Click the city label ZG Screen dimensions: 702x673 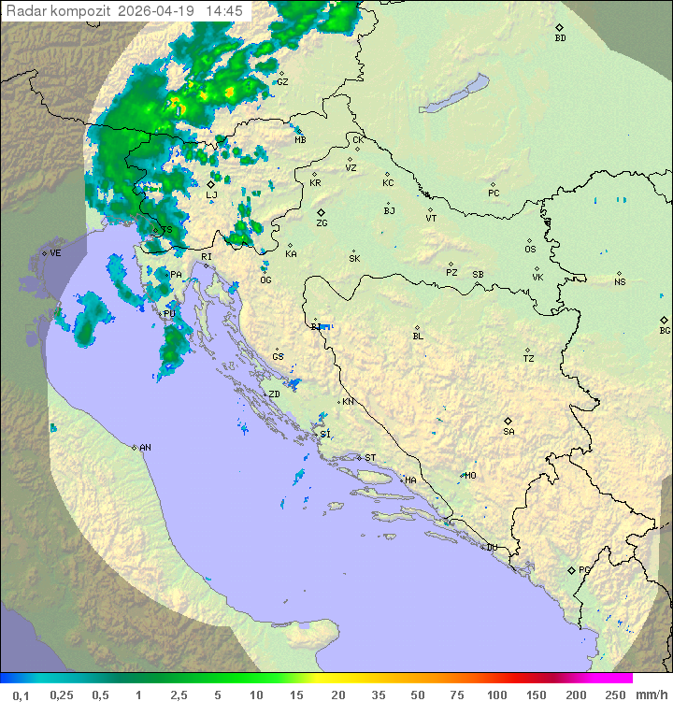pyautogui.click(x=322, y=223)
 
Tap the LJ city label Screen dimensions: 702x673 pyautogui.click(x=212, y=194)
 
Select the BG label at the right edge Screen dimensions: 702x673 pyautogui.click(x=665, y=330)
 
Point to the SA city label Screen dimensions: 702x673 pyautogui.click(x=508, y=431)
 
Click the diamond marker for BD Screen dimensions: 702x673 pyautogui.click(x=559, y=28)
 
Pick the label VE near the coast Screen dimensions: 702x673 pyautogui.click(x=55, y=253)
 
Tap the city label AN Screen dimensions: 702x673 pyautogui.click(x=145, y=448)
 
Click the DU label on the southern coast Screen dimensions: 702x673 pyautogui.click(x=491, y=548)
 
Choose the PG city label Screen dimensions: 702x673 pyautogui.click(x=584, y=569)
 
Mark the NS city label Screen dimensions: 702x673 pyautogui.click(x=620, y=282)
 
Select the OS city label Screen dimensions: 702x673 pyautogui.click(x=530, y=250)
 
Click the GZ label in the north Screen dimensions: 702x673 pyautogui.click(x=282, y=81)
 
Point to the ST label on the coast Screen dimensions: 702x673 pyautogui.click(x=370, y=458)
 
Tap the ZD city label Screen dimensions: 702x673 pyautogui.click(x=274, y=394)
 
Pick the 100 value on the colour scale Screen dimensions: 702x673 pyautogui.click(x=497, y=695)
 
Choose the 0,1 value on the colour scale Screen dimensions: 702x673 pyautogui.click(x=21, y=695)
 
